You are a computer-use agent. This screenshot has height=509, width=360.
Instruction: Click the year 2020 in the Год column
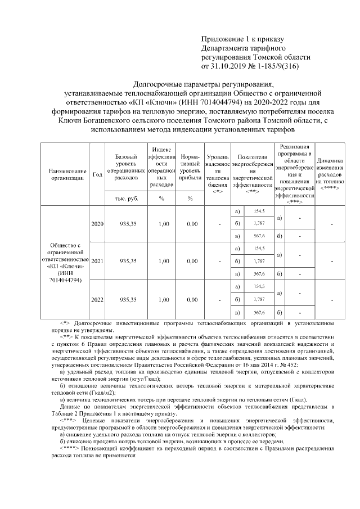pos(97,224)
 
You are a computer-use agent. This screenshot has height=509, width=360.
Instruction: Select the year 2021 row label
pos(97,261)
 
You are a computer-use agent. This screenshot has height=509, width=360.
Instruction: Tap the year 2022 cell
pos(97,300)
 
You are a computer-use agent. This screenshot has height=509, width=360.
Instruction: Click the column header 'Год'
pos(97,174)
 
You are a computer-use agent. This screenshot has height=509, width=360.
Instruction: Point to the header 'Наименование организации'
pos(67,174)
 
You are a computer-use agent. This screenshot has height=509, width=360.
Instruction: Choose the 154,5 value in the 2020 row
pos(259,211)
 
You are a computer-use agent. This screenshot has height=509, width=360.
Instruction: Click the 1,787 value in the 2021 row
pos(259,261)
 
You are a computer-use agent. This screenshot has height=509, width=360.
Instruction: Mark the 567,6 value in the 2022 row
pos(259,312)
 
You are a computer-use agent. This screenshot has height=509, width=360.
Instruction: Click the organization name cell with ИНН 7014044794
pos(67,262)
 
